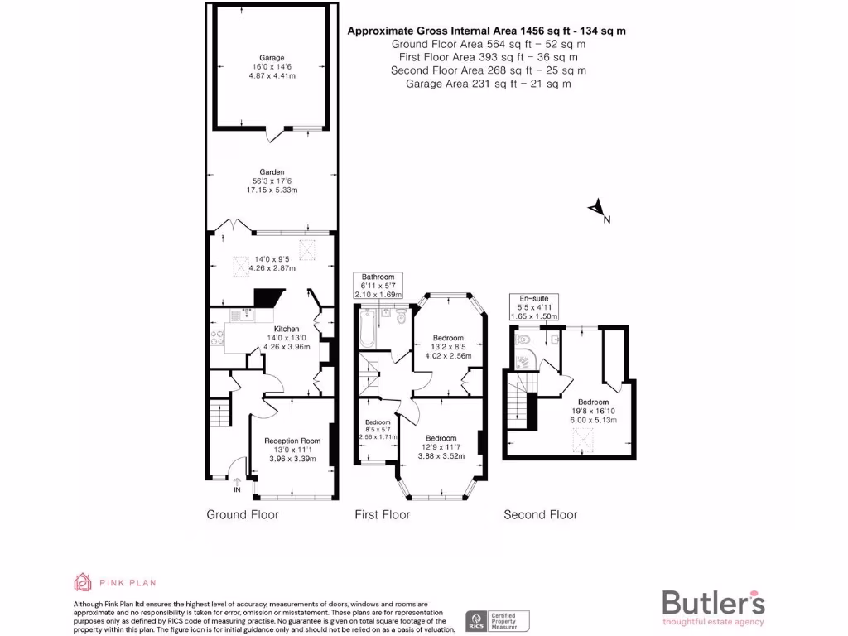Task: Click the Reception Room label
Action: point(291,441)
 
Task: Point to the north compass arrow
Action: point(596,210)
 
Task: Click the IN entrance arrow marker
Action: point(237,486)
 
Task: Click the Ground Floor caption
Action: point(242,514)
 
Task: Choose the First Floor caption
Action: point(382,514)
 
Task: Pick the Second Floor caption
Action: point(540,514)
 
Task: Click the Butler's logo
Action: point(713,603)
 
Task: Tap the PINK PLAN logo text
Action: point(127,582)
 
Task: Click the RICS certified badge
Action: point(496,620)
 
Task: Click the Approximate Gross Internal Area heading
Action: point(486,31)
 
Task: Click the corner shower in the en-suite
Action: point(523,360)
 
